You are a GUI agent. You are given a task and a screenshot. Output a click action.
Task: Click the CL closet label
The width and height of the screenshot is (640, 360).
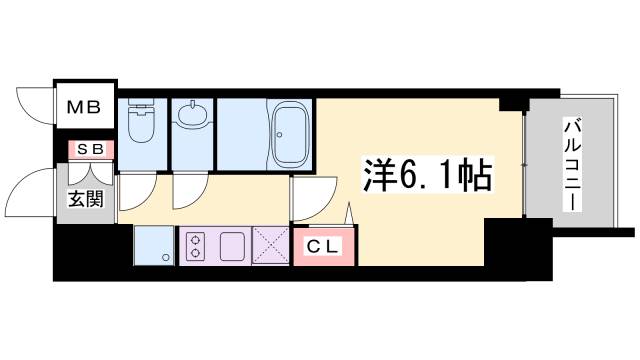click(323, 245)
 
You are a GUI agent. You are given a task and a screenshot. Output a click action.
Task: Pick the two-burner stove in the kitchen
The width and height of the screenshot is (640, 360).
click(192, 244)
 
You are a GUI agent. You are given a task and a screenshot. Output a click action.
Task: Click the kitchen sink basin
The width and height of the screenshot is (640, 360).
click(232, 244)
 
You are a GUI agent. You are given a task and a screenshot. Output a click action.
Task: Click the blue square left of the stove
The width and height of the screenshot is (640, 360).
click(153, 244)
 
